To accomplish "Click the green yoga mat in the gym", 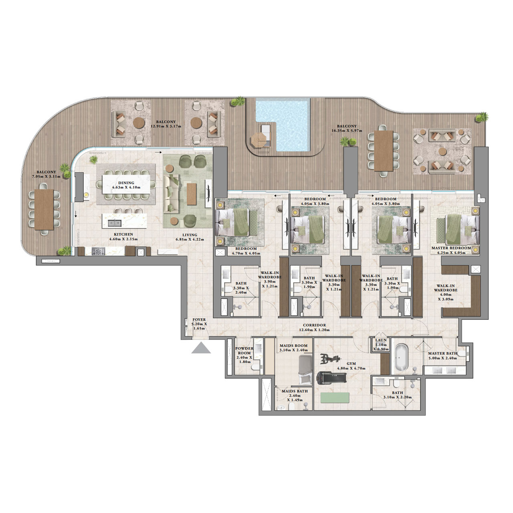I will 335,398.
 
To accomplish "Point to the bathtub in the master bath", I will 401,357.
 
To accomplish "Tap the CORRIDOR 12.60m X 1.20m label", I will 314,327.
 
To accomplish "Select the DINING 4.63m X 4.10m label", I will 126,185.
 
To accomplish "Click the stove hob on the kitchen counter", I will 98,251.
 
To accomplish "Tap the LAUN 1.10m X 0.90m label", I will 381,344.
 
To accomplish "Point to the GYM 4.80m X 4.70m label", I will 351,366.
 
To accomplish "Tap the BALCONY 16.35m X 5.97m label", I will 347,128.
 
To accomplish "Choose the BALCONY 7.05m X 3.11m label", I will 46,174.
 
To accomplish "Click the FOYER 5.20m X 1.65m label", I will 199,323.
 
